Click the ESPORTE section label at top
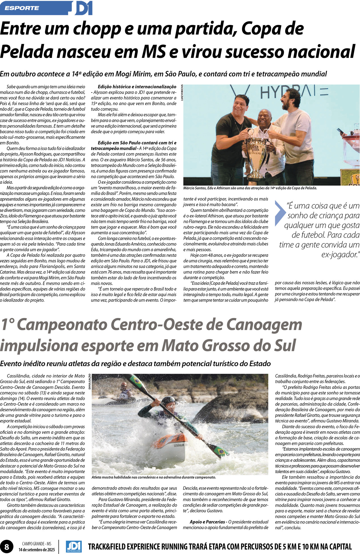pos(22,8)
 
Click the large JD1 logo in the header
pos(83,8)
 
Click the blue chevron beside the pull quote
pos(279,213)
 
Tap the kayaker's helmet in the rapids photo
pos(168,401)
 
